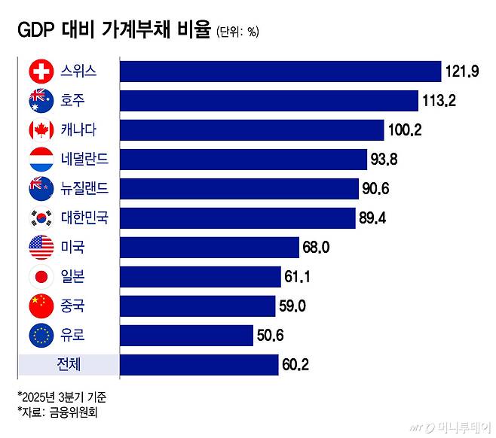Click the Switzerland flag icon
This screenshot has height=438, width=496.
[39, 71]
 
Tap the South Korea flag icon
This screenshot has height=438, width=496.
[39, 218]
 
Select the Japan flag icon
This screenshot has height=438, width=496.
[39, 276]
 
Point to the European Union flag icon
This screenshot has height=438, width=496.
[39, 335]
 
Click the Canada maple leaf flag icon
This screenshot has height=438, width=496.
[39, 130]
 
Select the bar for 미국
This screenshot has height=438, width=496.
[210, 247]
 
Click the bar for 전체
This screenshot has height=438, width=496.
[199, 365]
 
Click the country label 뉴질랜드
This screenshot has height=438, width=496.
[84, 189]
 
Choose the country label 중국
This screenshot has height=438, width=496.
[72, 306]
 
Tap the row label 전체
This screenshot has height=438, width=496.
[69, 365]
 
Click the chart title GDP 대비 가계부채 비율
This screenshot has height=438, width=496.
[113, 31]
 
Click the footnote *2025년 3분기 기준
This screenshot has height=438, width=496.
[57, 396]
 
